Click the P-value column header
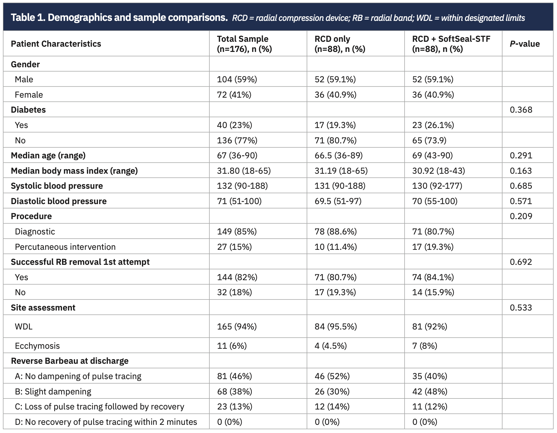click(524, 44)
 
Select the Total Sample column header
click(244, 44)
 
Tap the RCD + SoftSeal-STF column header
click(451, 44)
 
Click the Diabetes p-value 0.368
click(521, 110)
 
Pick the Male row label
click(24, 79)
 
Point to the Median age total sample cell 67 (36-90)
click(237, 155)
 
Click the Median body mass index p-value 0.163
click(521, 171)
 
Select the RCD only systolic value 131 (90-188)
click(340, 186)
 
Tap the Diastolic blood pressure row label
click(59, 201)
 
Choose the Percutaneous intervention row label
click(65, 247)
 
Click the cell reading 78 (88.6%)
click(335, 232)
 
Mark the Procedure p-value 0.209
click(521, 216)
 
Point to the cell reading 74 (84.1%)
click(433, 277)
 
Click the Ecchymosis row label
click(37, 346)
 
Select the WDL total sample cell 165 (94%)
click(237, 327)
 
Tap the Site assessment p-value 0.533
click(521, 308)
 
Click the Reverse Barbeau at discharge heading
click(70, 361)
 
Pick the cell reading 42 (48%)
click(430, 392)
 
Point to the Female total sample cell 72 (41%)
click(234, 95)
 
